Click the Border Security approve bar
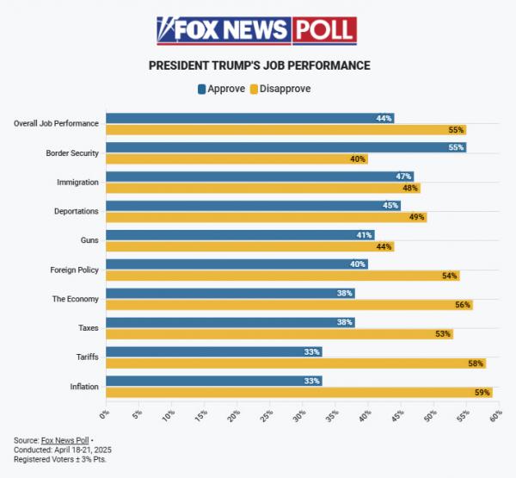coord(284,147)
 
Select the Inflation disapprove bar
coord(297,393)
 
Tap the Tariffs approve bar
coord(213,351)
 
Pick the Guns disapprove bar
coord(248,246)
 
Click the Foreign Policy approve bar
coord(236,264)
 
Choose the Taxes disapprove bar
coord(278,334)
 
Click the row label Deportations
coord(76,211)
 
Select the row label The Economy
coord(76,299)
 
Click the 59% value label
coord(482,393)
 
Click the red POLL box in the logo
coord(324,30)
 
